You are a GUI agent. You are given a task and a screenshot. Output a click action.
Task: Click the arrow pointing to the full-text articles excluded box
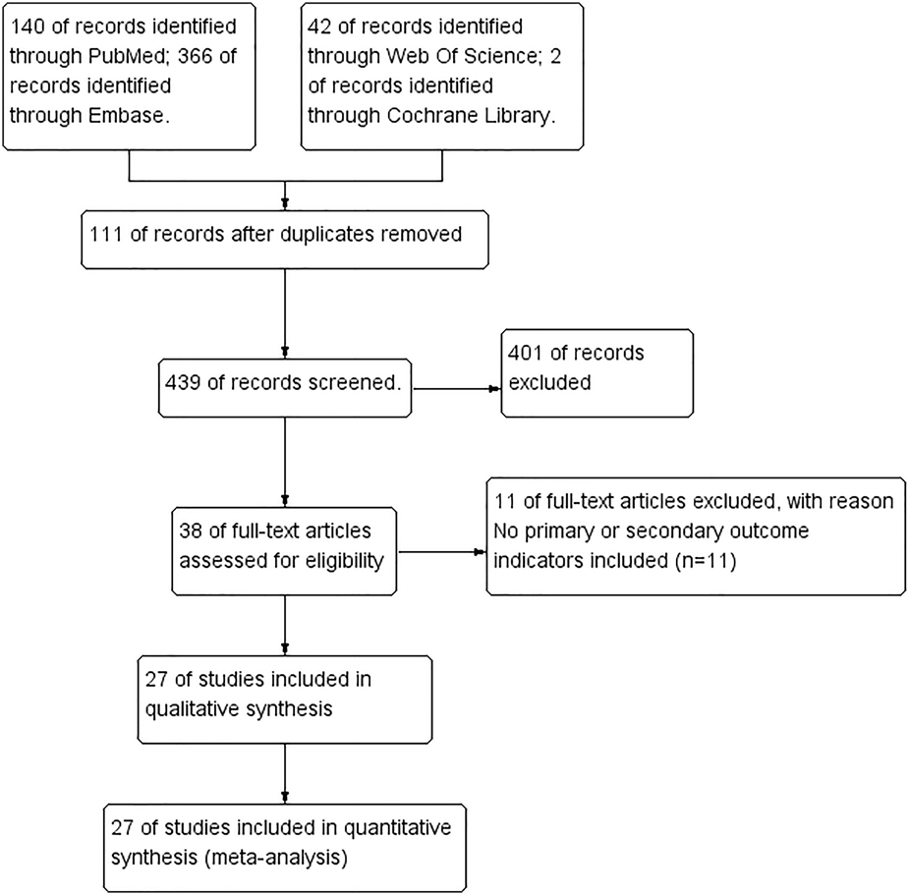click(x=480, y=552)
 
